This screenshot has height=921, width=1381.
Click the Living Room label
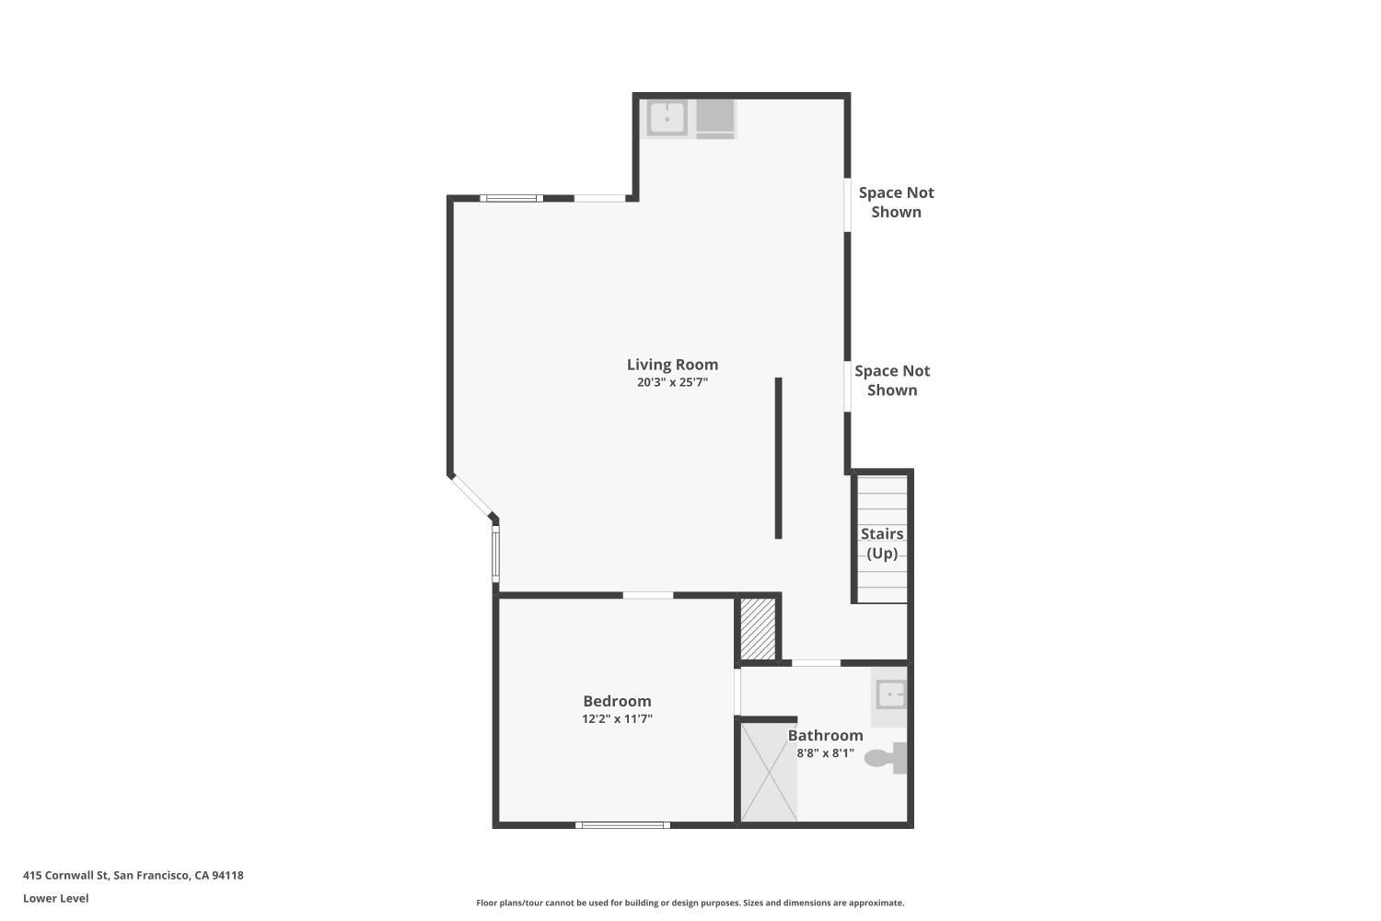[x=672, y=366]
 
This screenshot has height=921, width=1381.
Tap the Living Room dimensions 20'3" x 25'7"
[x=672, y=382]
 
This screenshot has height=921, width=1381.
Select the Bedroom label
[x=617, y=702]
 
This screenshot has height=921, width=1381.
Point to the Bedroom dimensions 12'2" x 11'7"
[x=617, y=718]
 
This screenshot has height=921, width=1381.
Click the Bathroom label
[x=825, y=735]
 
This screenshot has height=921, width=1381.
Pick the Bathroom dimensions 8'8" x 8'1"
[x=825, y=753]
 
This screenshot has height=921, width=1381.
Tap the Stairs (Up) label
[x=882, y=543]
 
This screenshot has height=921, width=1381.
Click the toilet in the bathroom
[x=886, y=758]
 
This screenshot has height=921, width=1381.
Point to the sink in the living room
[x=667, y=118]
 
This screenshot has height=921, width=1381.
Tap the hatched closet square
[x=758, y=628]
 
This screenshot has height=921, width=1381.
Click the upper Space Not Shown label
[x=896, y=203]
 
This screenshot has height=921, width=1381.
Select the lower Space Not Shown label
[x=892, y=380]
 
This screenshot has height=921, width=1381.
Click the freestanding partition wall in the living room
[x=779, y=458]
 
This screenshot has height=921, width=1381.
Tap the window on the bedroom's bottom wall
[x=622, y=825]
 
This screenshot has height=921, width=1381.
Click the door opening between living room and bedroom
[x=648, y=595]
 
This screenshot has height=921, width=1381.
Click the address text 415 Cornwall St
[x=66, y=875]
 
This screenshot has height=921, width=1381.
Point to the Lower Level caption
[x=56, y=898]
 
